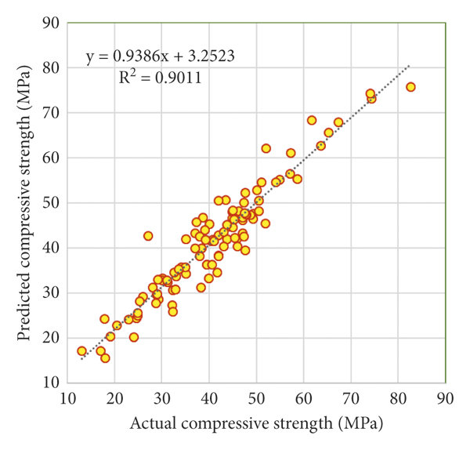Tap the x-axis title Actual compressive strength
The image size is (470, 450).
pos(257,424)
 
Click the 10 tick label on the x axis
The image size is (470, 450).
pos(67,398)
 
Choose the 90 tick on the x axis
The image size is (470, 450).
pos(445,398)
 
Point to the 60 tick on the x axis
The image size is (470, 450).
pos(303,398)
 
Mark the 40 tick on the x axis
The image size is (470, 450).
pos(209,398)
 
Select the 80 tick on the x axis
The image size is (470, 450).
pos(398,398)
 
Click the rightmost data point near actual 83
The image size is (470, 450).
pos(410,87)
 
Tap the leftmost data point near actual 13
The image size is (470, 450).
pos(81,351)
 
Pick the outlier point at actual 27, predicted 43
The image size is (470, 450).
pos(148,236)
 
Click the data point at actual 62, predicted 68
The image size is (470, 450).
pos(312,121)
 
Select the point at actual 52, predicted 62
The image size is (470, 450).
pos(266,148)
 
